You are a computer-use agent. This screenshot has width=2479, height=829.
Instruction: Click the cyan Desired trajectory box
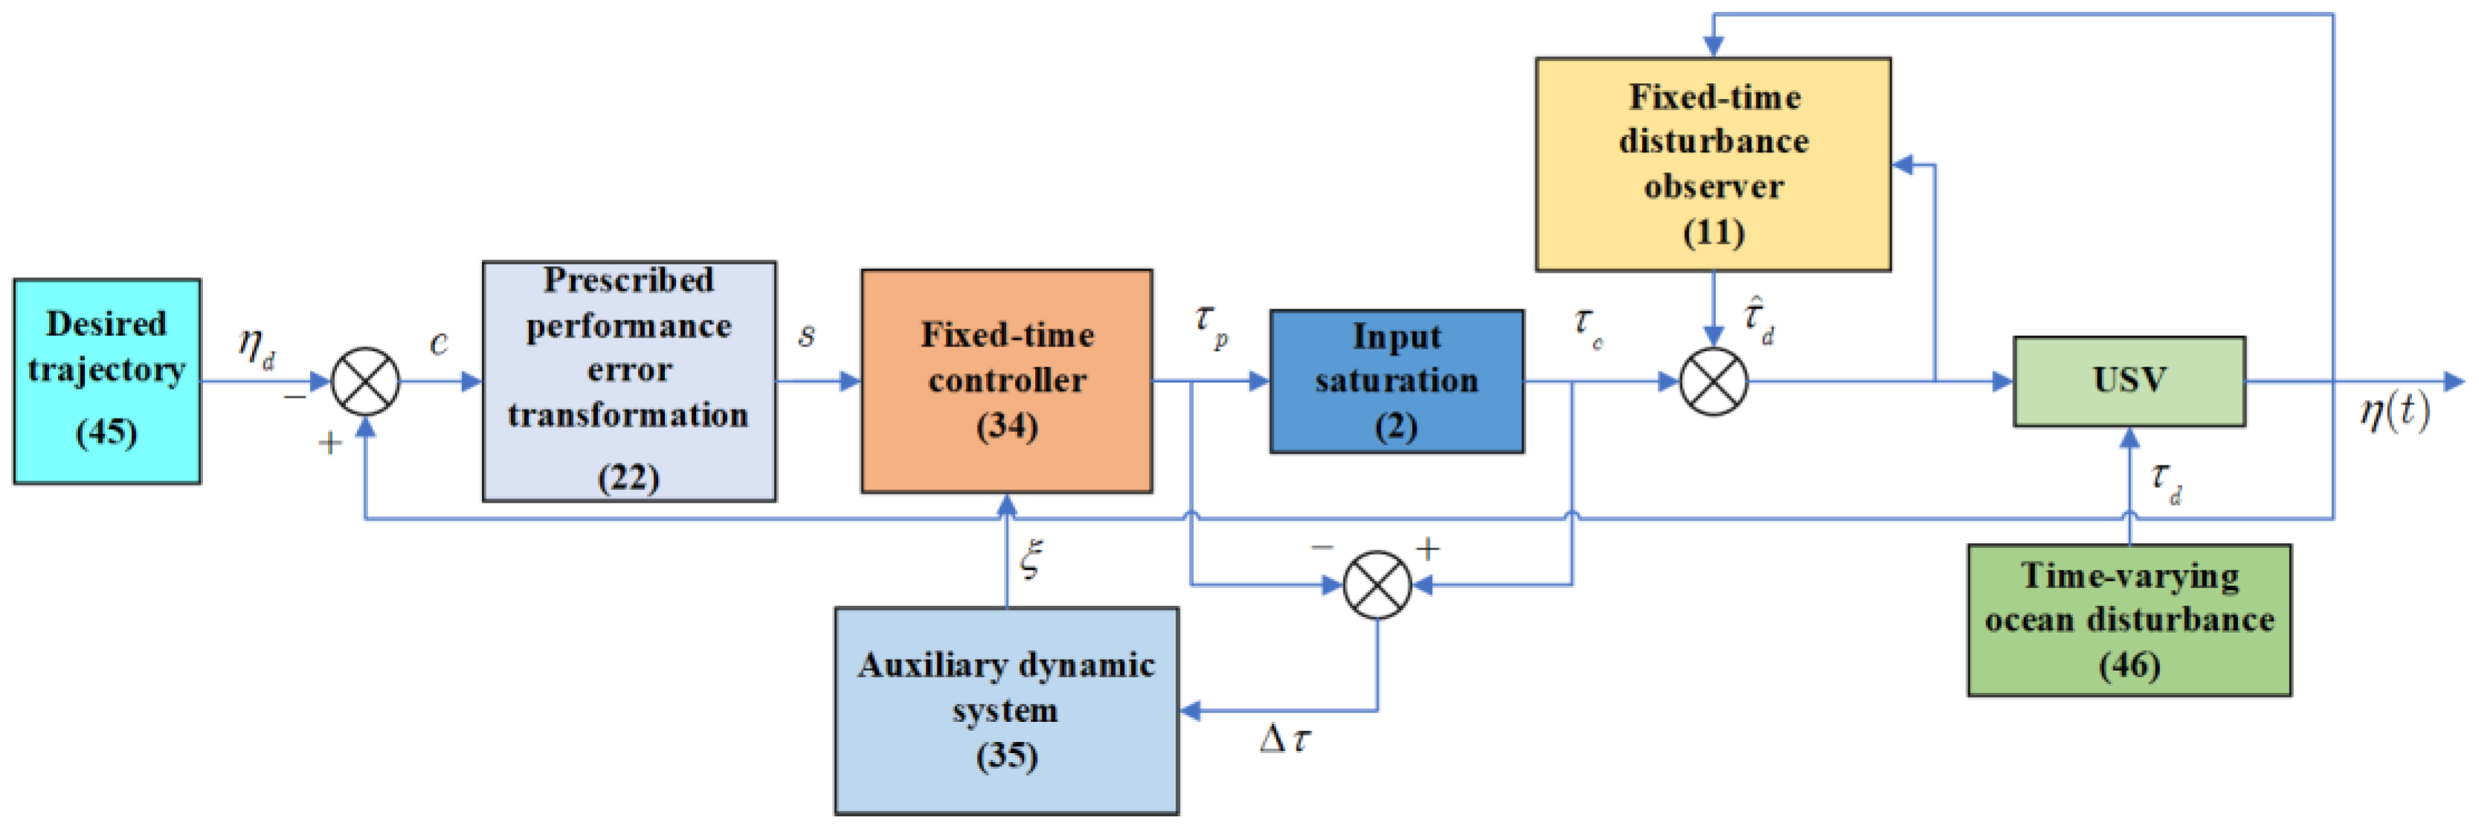tap(107, 381)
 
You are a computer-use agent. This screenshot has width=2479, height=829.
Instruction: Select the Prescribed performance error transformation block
tap(628, 381)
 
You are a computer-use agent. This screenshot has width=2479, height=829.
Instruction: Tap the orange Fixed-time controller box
tap(1007, 381)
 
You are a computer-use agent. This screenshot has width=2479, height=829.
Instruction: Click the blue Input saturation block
tap(1396, 381)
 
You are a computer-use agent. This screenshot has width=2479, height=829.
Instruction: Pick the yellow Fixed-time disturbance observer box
tap(1713, 164)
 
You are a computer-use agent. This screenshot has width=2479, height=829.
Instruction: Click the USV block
tap(2129, 381)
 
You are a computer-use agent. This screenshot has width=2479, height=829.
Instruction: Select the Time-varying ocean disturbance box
tap(2129, 620)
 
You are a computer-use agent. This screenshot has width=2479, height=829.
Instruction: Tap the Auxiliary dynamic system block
tap(1007, 711)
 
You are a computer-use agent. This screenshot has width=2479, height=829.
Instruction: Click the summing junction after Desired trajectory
tap(366, 382)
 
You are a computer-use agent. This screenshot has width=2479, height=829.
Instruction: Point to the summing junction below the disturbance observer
tap(1713, 382)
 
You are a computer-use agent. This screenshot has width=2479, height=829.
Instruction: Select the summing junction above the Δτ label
tap(1377, 584)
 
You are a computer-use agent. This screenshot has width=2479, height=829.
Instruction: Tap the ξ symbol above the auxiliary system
tap(1031, 559)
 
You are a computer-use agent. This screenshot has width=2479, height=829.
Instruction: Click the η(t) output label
tap(2394, 412)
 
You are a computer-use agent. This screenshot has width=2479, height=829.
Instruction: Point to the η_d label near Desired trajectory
tap(256, 346)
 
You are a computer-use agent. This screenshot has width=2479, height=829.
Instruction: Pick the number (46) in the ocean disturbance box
tap(2129, 665)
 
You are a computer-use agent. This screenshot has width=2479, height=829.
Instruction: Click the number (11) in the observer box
tap(1713, 232)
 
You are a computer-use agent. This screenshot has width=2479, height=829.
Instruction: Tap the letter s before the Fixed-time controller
tap(807, 336)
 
